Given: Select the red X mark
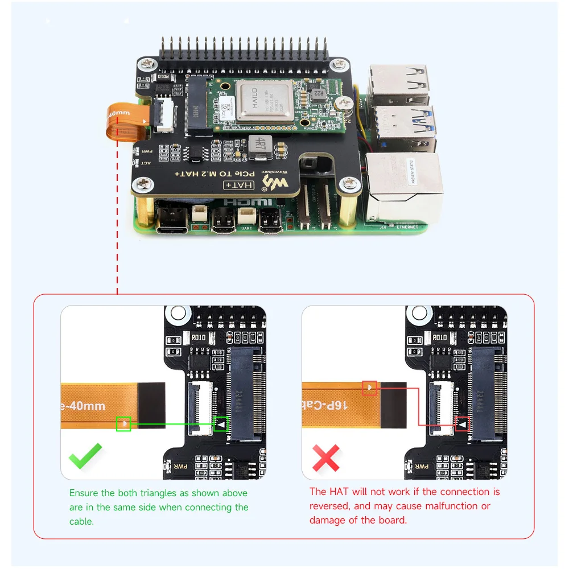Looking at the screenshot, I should [326, 457].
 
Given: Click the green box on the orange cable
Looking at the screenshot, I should [123, 423].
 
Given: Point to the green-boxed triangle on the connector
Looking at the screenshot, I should [221, 424].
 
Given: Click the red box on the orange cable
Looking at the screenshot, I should [370, 387].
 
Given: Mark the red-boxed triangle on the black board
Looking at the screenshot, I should [462, 424].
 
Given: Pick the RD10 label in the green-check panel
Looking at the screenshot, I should [199, 337].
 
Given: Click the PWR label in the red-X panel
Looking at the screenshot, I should [422, 467].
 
